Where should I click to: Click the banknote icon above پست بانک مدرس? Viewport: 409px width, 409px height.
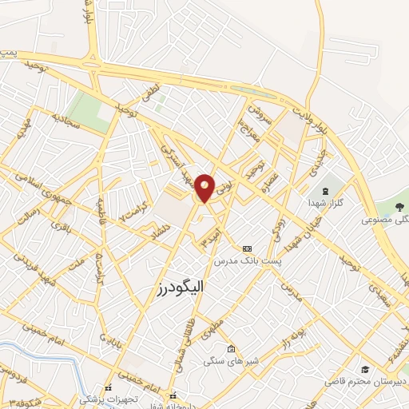coord(246,248)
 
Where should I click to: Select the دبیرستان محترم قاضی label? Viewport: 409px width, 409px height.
coord(365,381)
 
